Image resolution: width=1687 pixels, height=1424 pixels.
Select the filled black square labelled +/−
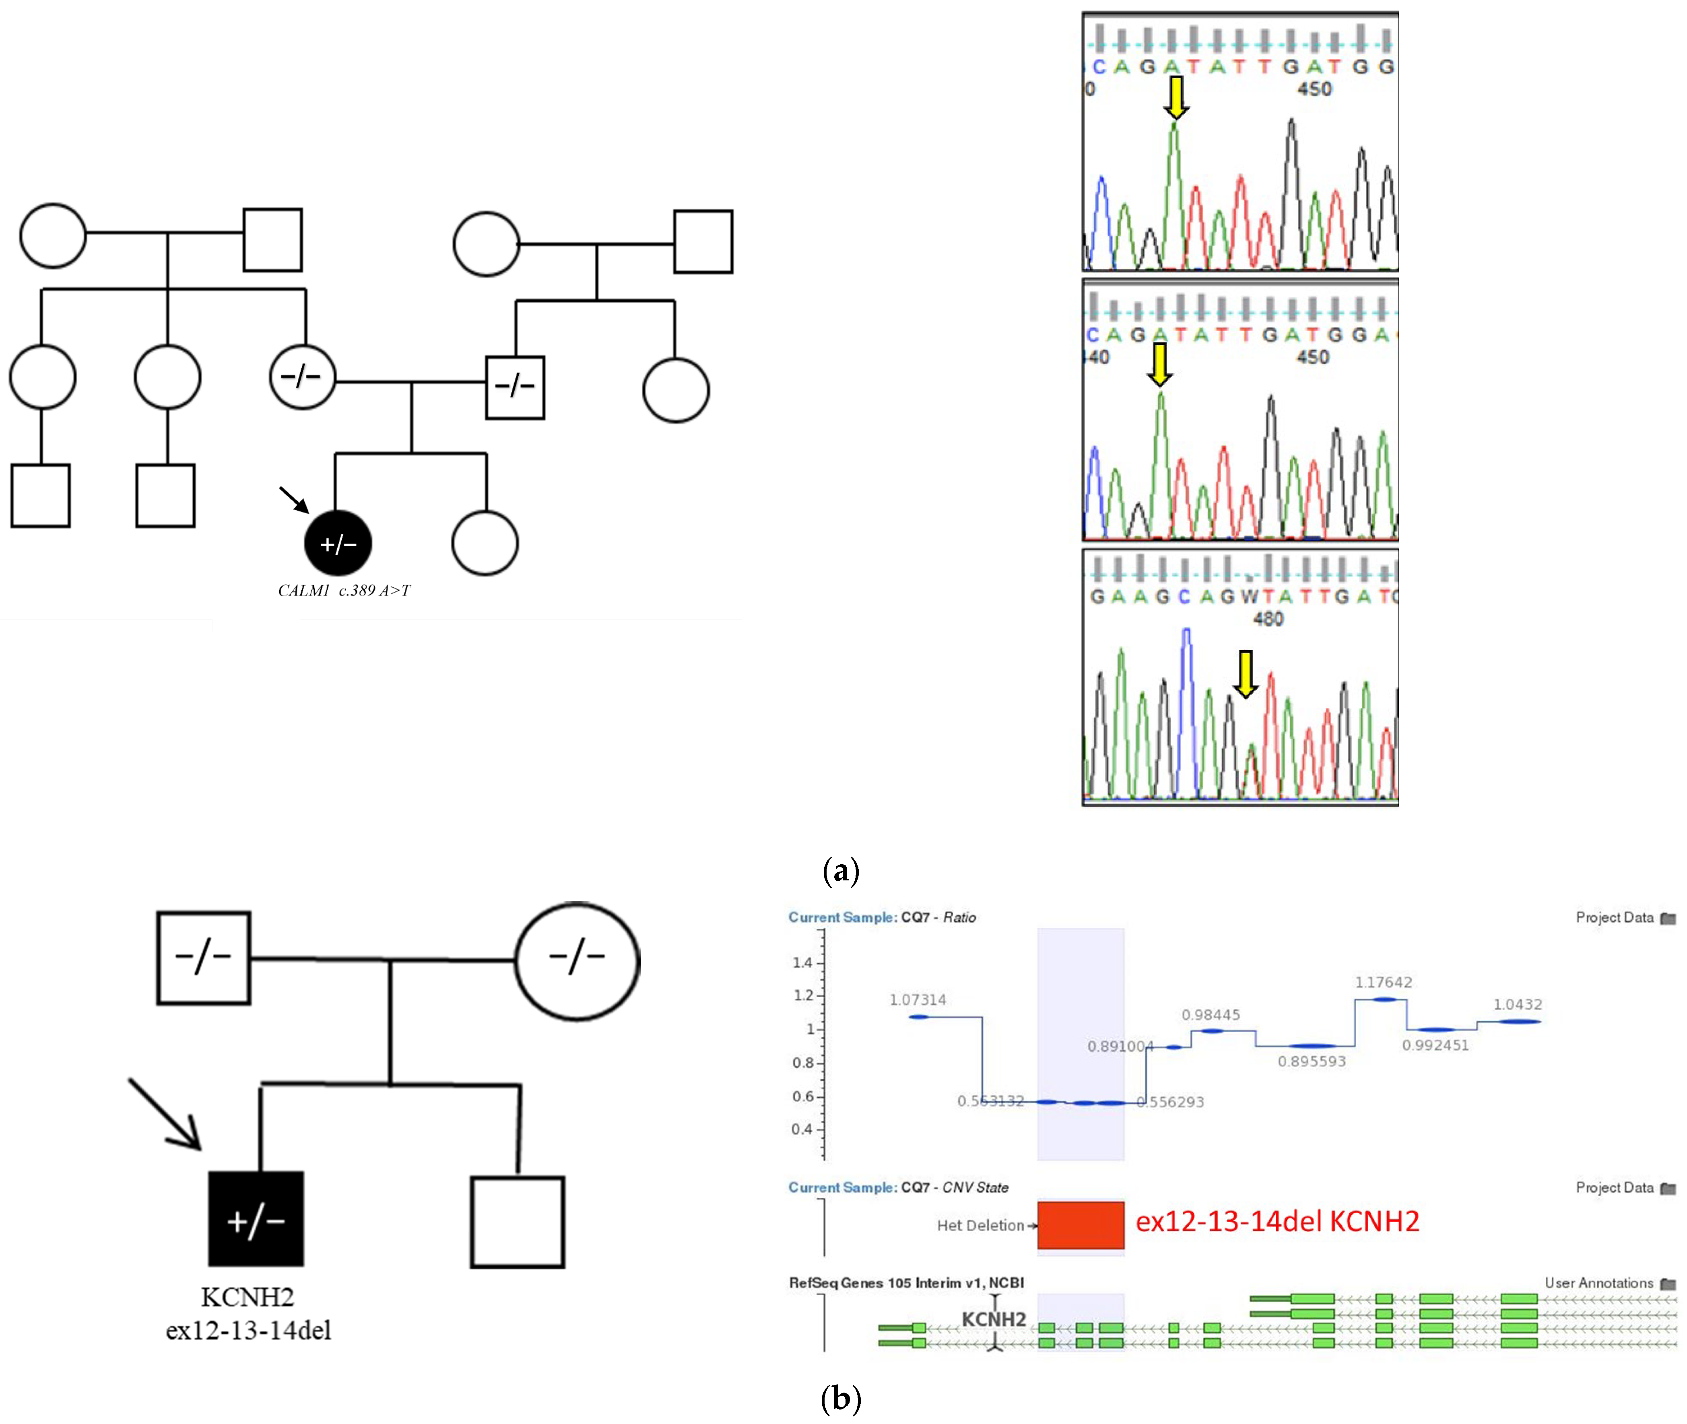[256, 1219]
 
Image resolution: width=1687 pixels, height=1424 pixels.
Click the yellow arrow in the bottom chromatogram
[1246, 673]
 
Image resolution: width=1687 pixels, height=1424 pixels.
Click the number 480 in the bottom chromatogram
[1267, 618]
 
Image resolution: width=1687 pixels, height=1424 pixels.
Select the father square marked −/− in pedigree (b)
[203, 958]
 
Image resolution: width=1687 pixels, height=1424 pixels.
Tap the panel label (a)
[840, 870]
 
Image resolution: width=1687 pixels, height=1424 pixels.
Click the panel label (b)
[840, 1397]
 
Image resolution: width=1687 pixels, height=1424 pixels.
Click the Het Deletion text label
[980, 1225]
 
